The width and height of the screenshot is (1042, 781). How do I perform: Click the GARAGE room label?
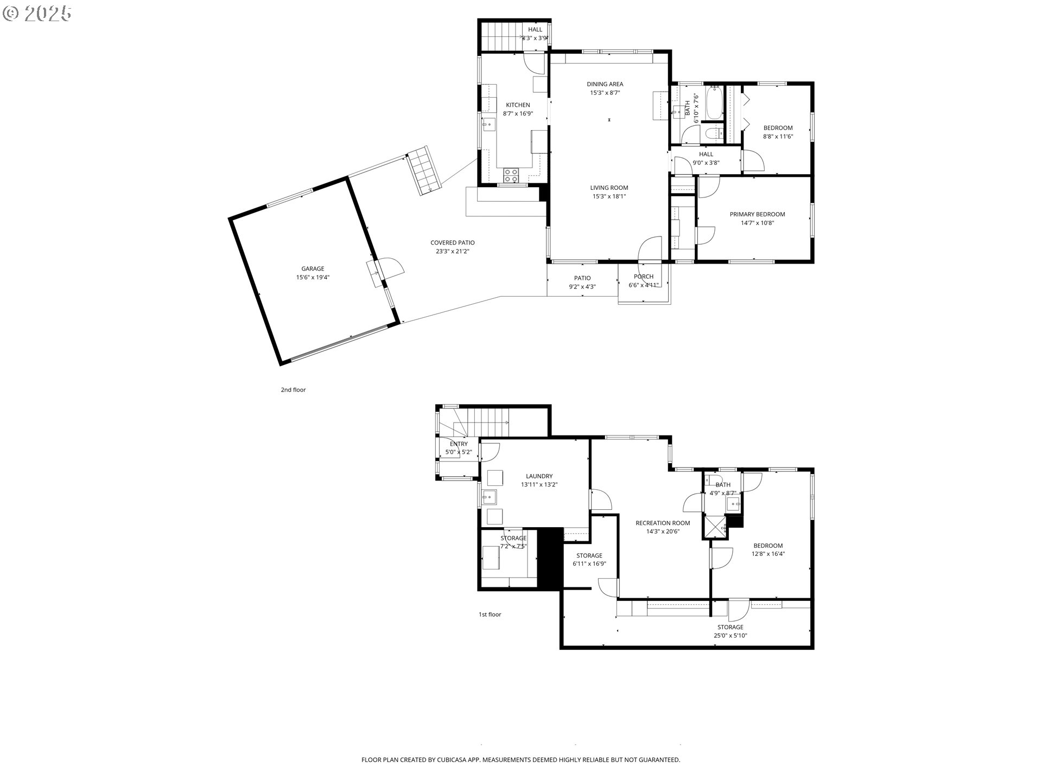click(313, 268)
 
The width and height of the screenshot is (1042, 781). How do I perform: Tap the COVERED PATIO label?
click(452, 243)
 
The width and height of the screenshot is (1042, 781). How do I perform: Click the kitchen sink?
click(109, 124)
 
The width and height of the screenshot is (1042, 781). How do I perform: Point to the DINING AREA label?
click(605, 84)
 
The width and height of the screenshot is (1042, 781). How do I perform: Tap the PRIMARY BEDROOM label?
click(757, 214)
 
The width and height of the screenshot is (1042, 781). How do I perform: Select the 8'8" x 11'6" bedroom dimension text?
click(778, 137)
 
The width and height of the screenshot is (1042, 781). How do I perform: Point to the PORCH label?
click(643, 277)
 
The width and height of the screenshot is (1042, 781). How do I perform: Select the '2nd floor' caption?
click(293, 390)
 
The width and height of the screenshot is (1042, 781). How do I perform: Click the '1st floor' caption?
click(490, 614)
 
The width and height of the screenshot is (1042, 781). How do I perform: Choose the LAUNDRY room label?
click(539, 476)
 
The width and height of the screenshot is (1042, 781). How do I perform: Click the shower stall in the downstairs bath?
click(716, 527)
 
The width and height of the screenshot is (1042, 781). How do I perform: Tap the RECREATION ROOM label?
click(663, 523)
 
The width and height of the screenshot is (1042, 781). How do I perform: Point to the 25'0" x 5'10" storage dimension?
click(730, 636)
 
